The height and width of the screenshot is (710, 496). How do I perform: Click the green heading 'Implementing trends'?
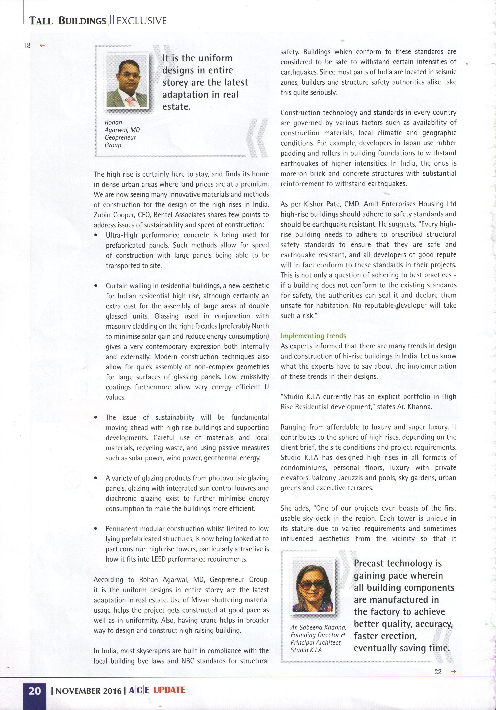tap(313, 336)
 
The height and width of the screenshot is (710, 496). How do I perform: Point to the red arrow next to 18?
tap(42, 45)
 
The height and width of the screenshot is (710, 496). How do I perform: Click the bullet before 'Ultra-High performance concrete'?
tap(96, 235)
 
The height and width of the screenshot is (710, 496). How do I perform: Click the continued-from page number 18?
tap(27, 45)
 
